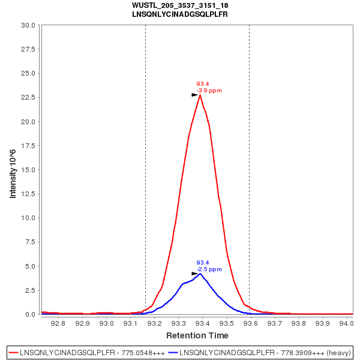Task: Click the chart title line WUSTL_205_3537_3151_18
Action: [180, 5]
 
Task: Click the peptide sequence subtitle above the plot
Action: [180, 14]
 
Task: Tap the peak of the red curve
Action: [200, 95]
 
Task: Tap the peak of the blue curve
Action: [200, 274]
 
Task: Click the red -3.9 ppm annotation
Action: [209, 91]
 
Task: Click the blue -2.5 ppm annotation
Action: [209, 269]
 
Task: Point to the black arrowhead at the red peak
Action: [195, 95]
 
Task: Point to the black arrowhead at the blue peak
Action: [195, 274]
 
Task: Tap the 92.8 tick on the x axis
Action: [58, 323]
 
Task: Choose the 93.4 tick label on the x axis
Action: [202, 323]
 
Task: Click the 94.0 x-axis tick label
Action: [346, 323]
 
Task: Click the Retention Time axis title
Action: [197, 335]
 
